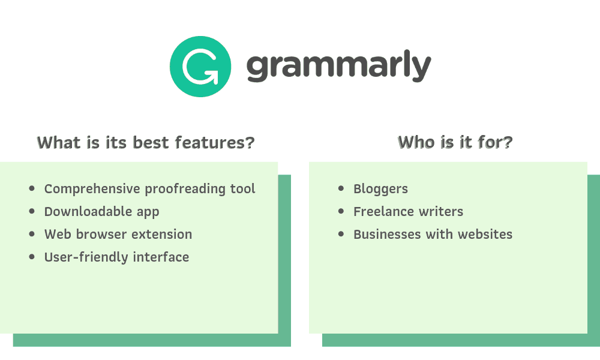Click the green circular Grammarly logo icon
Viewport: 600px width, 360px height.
tap(200, 66)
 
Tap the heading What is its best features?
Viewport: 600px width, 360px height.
tap(146, 143)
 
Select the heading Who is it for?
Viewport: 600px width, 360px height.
tap(455, 142)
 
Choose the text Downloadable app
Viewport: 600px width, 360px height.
tap(101, 212)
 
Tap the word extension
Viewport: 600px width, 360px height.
tap(162, 235)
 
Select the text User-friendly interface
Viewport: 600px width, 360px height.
tap(116, 257)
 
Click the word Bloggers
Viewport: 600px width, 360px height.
tap(380, 189)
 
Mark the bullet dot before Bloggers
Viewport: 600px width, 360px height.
tap(341, 188)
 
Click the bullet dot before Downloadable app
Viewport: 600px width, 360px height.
tap(32, 211)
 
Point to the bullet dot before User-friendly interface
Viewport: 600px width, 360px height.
tap(32, 257)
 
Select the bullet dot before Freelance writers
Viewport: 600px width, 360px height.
tap(341, 211)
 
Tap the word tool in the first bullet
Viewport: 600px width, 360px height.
tap(243, 189)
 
